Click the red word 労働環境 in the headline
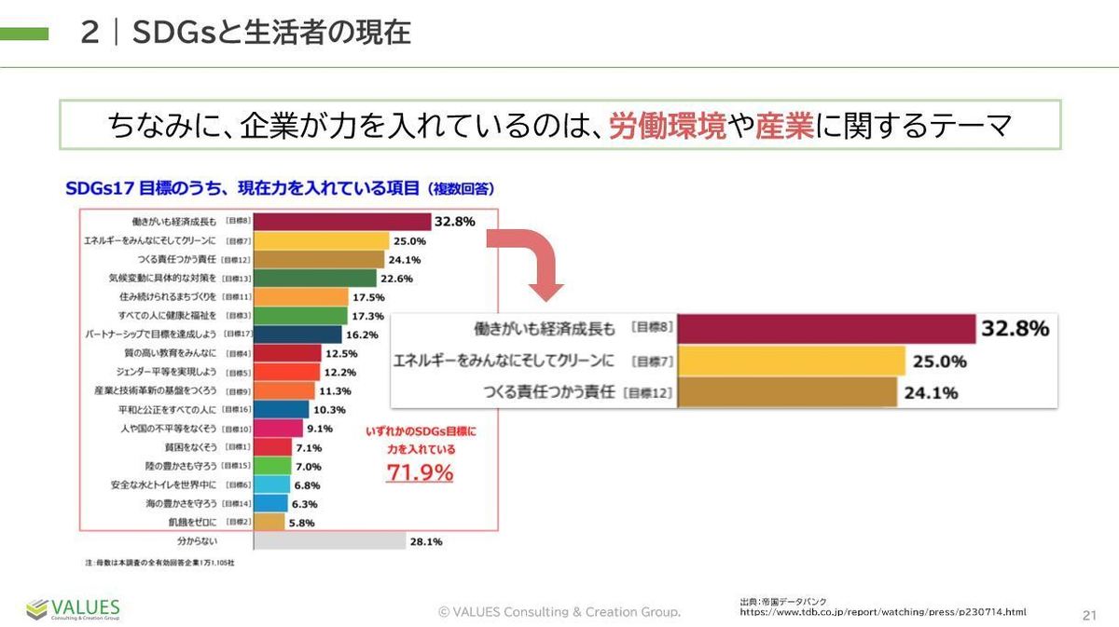(x=667, y=126)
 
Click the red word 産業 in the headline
(x=784, y=126)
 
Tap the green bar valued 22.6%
(x=314, y=278)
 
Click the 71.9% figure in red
(x=420, y=472)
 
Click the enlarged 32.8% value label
(x=1015, y=329)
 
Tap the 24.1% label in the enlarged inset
(x=930, y=392)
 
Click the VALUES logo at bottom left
(x=73, y=609)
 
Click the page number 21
(x=1088, y=615)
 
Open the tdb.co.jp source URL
(x=882, y=612)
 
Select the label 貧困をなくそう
(x=190, y=447)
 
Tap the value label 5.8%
(x=302, y=523)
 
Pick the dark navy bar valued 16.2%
(x=297, y=334)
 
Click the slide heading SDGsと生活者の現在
(x=271, y=34)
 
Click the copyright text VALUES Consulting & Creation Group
(x=559, y=612)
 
